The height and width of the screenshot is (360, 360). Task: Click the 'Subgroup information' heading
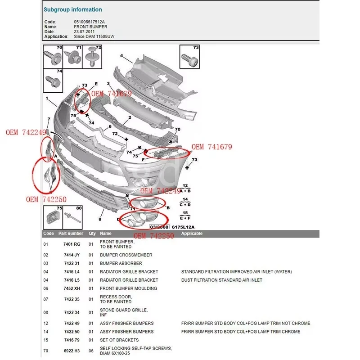tap(72, 9)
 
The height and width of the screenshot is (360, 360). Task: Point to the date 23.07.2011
tap(85, 31)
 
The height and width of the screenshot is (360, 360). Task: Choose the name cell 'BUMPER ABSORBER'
tap(121, 263)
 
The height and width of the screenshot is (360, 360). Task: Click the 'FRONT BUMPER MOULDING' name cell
tap(128, 288)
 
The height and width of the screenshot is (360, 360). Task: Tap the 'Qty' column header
tap(92, 234)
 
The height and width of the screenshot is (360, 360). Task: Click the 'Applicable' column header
tap(192, 234)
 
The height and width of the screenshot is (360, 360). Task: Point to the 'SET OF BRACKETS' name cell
tap(119, 340)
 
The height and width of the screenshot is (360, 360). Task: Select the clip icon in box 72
tap(92, 58)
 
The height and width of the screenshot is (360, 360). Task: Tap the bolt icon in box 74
tap(50, 82)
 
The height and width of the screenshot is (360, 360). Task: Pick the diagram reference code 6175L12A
tap(184, 227)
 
